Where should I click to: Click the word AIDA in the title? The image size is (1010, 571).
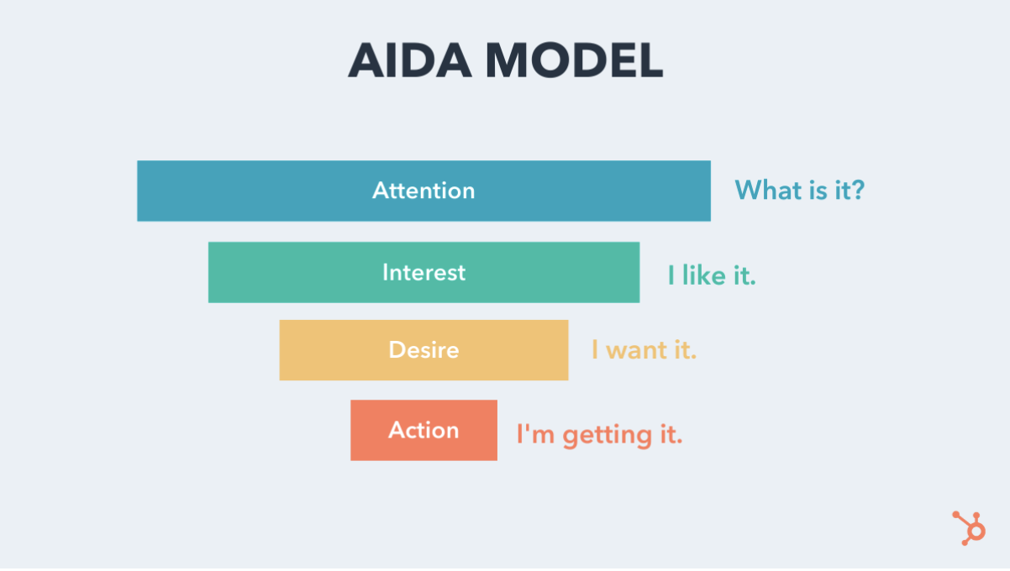pyautogui.click(x=410, y=60)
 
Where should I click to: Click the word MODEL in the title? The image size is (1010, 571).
pyautogui.click(x=574, y=60)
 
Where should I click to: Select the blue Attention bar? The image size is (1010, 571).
pyautogui.click(x=423, y=191)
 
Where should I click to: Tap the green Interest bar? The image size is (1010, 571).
pyautogui.click(x=423, y=272)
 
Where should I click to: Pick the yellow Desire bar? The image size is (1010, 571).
pyautogui.click(x=423, y=350)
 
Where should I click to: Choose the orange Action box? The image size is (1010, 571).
pyautogui.click(x=423, y=430)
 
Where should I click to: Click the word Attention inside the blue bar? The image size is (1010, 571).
pyautogui.click(x=423, y=190)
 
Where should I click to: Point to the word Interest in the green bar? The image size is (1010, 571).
pyautogui.click(x=423, y=272)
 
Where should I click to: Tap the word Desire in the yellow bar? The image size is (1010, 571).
pyautogui.click(x=423, y=349)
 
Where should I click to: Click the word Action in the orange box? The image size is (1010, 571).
pyautogui.click(x=423, y=429)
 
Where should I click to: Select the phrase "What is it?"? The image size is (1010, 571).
pyautogui.click(x=799, y=190)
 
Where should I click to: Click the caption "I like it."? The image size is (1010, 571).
pyautogui.click(x=712, y=275)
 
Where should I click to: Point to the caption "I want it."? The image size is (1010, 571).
pyautogui.click(x=644, y=349)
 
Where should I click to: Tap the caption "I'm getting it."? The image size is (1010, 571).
pyautogui.click(x=599, y=435)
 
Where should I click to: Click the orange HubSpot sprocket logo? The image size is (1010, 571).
pyautogui.click(x=970, y=528)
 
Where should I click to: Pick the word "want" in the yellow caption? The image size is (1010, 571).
pyautogui.click(x=636, y=350)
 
